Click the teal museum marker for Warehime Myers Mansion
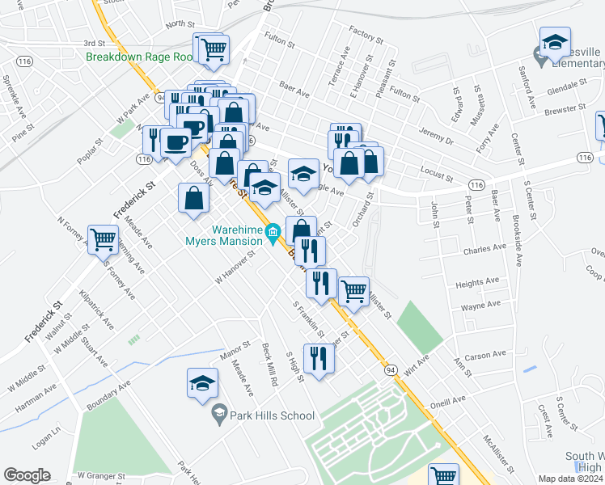pyautogui.click(x=273, y=234)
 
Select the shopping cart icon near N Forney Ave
pyautogui.click(x=104, y=239)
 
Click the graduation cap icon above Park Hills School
pyautogui.click(x=202, y=383)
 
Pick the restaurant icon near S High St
pyautogui.click(x=319, y=359)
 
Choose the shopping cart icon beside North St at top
pyautogui.click(x=214, y=48)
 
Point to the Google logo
pyautogui.click(x=27, y=475)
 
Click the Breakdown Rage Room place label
pyautogui.click(x=141, y=57)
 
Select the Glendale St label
pyautogui.click(x=566, y=86)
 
